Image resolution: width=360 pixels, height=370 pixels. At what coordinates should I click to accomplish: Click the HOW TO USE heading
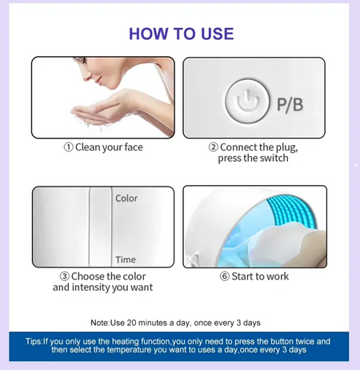pos(181,34)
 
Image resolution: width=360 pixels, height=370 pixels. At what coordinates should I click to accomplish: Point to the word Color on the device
pos(126,199)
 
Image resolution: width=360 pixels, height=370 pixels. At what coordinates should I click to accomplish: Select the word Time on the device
pos(126,259)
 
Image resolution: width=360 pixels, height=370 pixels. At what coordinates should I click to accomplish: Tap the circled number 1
pos(69,147)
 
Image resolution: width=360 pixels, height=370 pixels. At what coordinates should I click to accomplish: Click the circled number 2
pos(214,147)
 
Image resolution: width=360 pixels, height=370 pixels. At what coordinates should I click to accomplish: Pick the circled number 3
pos(65,276)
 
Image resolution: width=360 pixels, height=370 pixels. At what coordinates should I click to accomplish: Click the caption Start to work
pos(260,276)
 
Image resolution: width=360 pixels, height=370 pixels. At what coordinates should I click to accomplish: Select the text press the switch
pos(253,159)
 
